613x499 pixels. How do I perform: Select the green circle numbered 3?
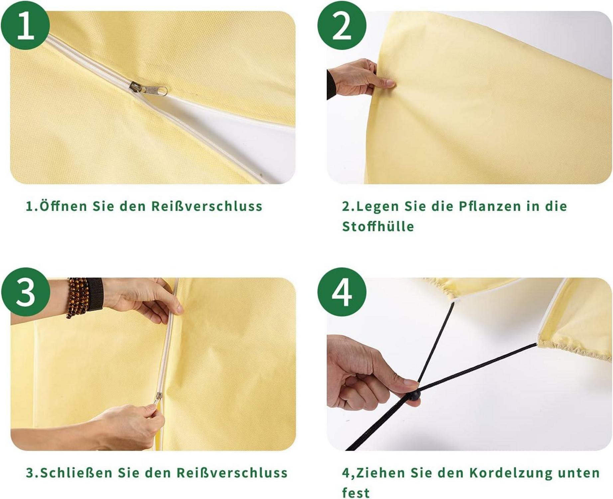click(25, 292)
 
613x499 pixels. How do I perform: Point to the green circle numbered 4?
click(342, 292)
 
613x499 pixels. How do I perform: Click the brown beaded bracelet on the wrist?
click(77, 297)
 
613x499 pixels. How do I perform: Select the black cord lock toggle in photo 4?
click(414, 396)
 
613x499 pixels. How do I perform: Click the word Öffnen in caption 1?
click(63, 206)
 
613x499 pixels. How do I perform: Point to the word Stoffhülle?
click(378, 227)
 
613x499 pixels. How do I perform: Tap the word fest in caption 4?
click(356, 493)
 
